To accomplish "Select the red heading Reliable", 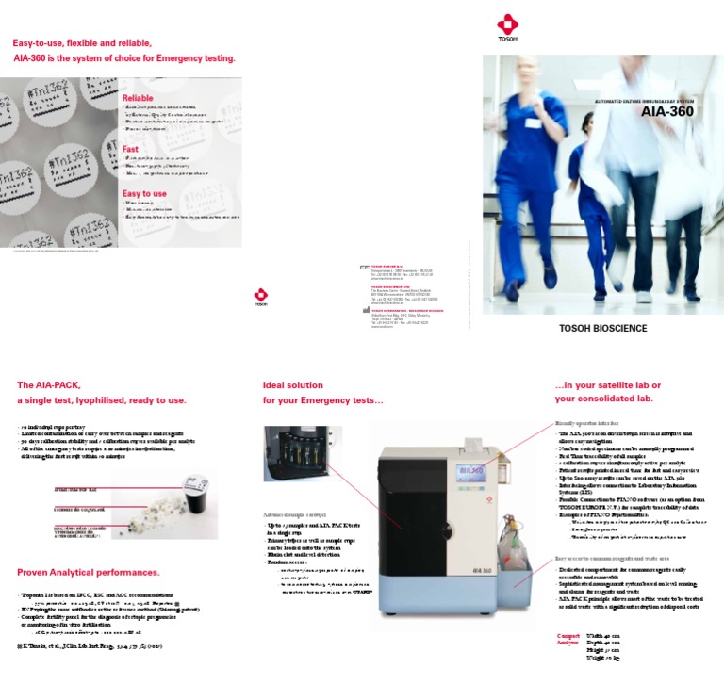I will click(x=138, y=98).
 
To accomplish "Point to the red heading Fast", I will click(x=130, y=149).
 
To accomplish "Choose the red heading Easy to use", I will click(x=144, y=194).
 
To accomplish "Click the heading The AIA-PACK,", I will click(x=56, y=385).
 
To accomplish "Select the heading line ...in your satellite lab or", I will click(x=607, y=385).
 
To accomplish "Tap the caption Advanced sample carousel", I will click(x=300, y=515).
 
